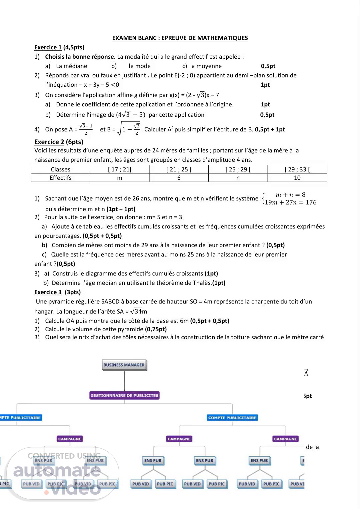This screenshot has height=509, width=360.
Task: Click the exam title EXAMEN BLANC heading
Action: point(180,38)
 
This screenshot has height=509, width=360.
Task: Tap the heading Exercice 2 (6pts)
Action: point(59,142)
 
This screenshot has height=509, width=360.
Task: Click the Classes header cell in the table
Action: point(61,169)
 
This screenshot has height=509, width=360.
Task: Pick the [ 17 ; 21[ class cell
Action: point(120,169)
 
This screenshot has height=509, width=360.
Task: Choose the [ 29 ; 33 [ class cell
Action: point(297,169)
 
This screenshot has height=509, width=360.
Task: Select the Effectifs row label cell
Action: point(61,178)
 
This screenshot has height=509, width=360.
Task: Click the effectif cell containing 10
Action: point(297,178)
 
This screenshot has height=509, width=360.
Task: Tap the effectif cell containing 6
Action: point(179,178)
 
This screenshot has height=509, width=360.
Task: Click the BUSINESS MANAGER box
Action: point(124,365)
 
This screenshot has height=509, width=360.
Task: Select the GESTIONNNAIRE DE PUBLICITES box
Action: point(124,396)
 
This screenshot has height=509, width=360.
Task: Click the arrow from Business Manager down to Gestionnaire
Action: point(124,380)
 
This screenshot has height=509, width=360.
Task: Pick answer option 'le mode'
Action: point(139,66)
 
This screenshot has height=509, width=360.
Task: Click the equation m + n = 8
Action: point(290,195)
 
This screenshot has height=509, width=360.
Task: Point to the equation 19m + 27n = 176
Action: point(290,202)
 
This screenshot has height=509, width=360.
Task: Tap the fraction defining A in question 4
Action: point(86,129)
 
